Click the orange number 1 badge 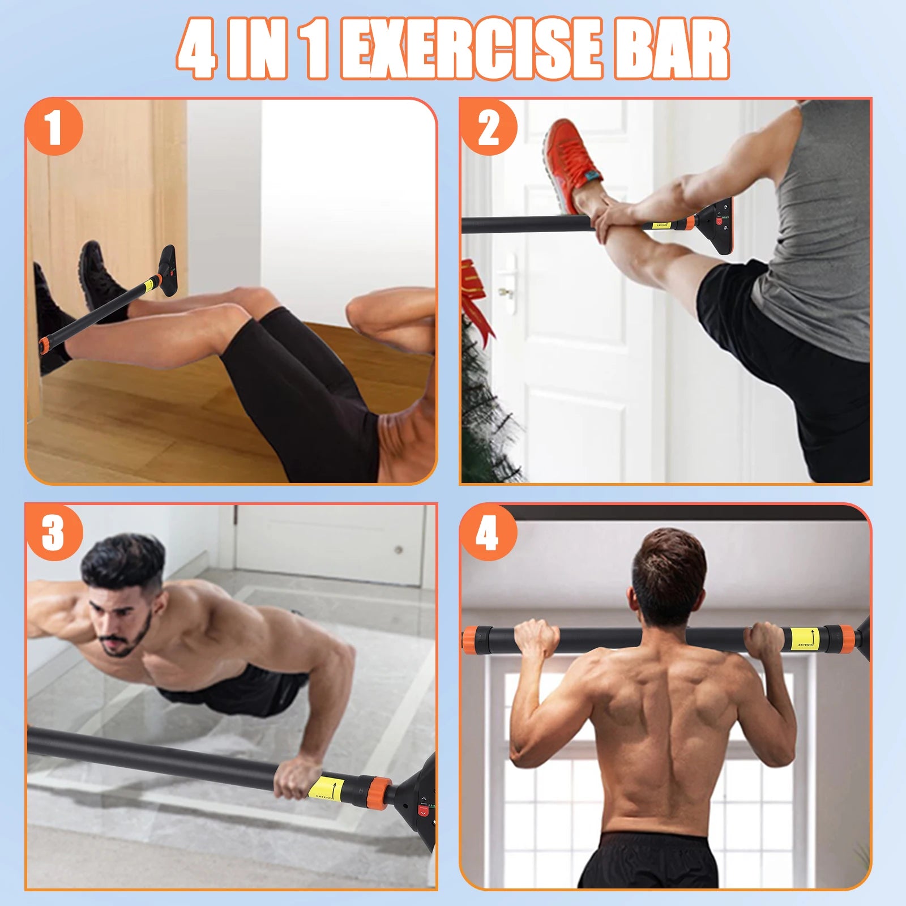54,127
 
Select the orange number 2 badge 488,127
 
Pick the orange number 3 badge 54,532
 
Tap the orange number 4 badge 488,532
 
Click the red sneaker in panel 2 572,164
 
